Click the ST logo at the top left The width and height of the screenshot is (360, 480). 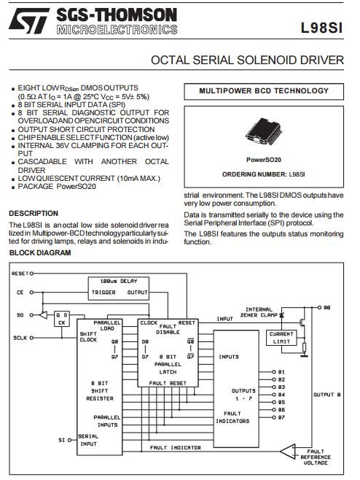click(28, 21)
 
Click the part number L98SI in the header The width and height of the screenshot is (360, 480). click(321, 28)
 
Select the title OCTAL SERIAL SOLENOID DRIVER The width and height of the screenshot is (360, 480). click(247, 60)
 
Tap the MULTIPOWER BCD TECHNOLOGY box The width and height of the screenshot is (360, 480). click(264, 91)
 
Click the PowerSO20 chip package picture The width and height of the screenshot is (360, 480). click(263, 131)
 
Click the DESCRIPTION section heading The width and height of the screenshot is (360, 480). click(34, 213)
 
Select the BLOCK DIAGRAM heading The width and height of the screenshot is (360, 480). click(40, 253)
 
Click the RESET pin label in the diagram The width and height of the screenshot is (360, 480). click(20, 274)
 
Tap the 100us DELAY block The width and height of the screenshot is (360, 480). click(119, 289)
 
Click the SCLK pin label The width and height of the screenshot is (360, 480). click(20, 338)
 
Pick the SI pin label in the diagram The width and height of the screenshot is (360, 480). click(61, 440)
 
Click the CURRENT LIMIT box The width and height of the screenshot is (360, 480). click(281, 338)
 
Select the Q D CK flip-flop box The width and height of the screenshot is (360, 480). click(62, 319)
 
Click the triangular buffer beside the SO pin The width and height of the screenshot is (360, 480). click(44, 314)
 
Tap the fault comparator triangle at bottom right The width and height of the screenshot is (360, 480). click(288, 452)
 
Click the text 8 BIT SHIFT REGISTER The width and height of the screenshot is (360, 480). click(100, 391)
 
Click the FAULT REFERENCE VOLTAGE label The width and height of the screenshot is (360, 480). click(316, 457)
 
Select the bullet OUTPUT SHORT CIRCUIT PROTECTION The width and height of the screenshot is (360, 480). click(86, 130)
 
